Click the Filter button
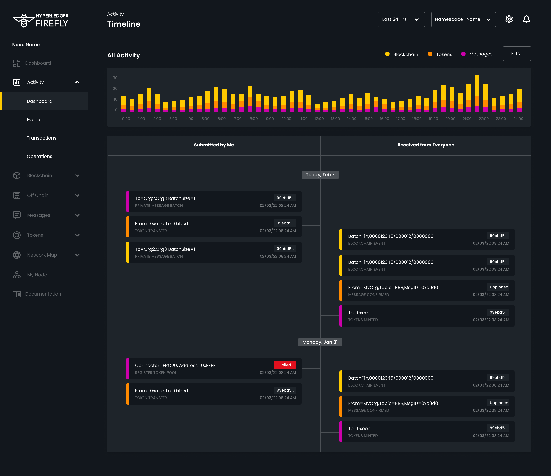click(x=516, y=54)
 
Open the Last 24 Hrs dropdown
click(x=401, y=19)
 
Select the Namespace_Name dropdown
click(x=463, y=19)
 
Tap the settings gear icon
click(x=509, y=19)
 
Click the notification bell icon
click(x=526, y=19)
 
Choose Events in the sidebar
click(x=34, y=120)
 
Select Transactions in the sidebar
click(x=42, y=138)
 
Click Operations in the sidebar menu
click(x=39, y=156)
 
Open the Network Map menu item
click(x=42, y=255)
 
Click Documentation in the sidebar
click(x=43, y=294)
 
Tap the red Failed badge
click(x=285, y=365)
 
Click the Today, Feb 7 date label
click(x=320, y=175)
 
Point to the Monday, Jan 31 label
click(x=320, y=342)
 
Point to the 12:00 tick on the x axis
click(x=319, y=119)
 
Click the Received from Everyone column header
click(x=425, y=145)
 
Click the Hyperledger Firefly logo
click(x=41, y=20)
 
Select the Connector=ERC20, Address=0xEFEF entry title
click(x=175, y=366)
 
